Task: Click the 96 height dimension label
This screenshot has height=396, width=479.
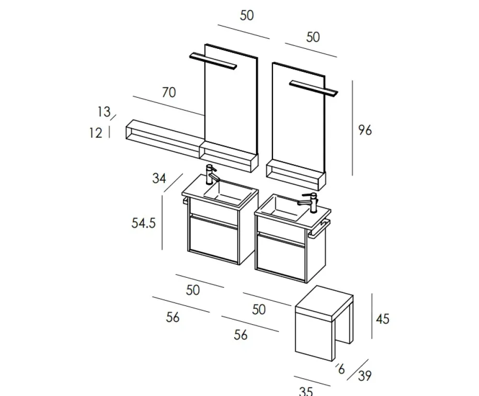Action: [365, 130]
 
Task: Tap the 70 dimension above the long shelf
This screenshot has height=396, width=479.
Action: [169, 92]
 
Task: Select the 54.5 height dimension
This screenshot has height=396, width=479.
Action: [144, 223]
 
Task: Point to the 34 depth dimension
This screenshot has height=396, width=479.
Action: [159, 179]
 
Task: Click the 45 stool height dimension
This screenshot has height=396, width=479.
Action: [383, 318]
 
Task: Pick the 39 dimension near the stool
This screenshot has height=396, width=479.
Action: [365, 376]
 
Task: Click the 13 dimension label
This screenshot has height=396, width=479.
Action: [103, 112]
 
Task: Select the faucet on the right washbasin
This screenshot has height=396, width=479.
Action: [311, 202]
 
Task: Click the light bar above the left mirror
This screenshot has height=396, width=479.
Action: [214, 60]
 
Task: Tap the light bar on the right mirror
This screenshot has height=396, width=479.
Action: [314, 88]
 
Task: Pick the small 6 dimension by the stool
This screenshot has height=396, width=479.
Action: [341, 369]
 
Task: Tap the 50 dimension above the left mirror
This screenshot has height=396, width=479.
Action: [247, 15]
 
